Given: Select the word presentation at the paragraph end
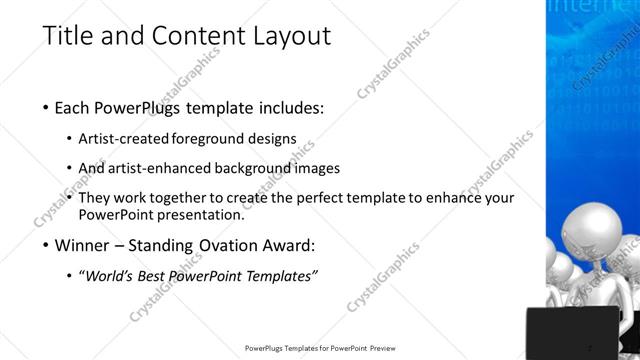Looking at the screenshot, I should (x=197, y=214).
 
